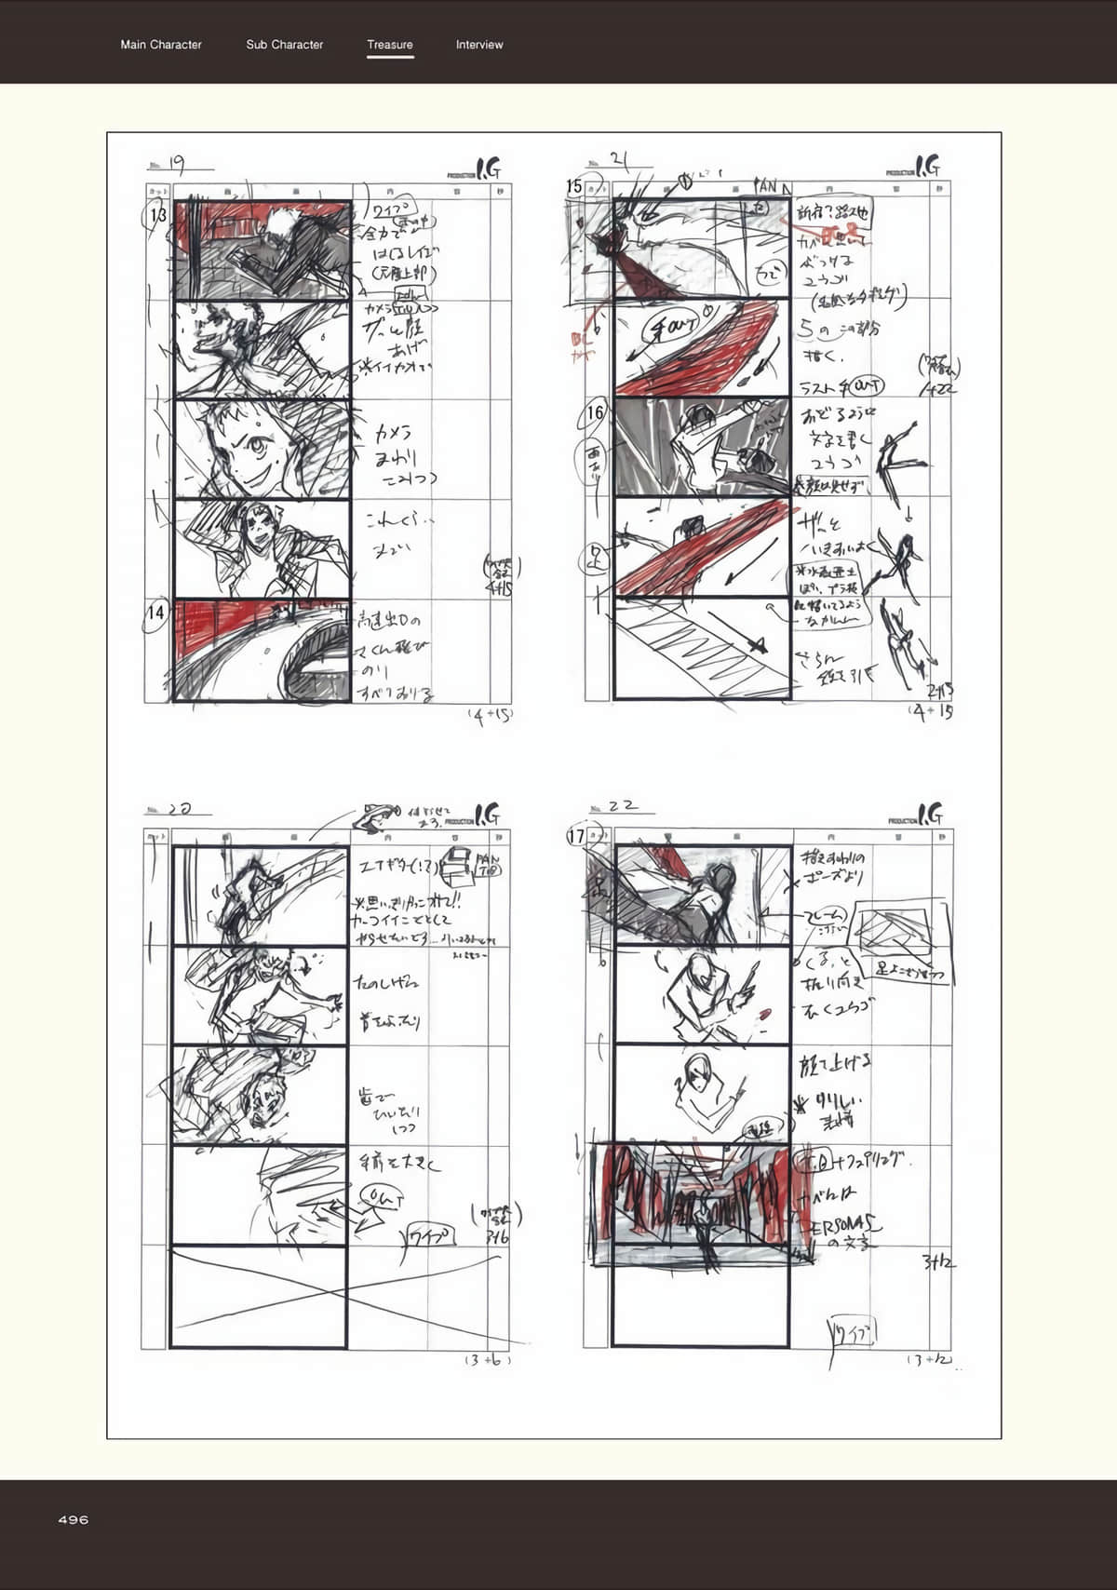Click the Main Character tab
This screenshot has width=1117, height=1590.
pyautogui.click(x=161, y=45)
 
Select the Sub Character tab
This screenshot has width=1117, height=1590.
pyautogui.click(x=285, y=45)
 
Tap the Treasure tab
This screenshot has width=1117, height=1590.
pyautogui.click(x=390, y=45)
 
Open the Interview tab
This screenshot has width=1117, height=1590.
pyautogui.click(x=479, y=45)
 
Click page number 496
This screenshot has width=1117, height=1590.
pyautogui.click(x=74, y=1519)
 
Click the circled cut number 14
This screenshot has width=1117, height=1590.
pyautogui.click(x=156, y=613)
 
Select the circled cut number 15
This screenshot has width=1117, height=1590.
pyautogui.click(x=575, y=186)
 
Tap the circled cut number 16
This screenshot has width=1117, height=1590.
pyautogui.click(x=596, y=412)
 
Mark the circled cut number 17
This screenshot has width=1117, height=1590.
pyautogui.click(x=576, y=836)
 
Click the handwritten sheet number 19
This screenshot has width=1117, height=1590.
pyautogui.click(x=176, y=165)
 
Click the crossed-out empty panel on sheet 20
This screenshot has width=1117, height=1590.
pyautogui.click(x=260, y=1297)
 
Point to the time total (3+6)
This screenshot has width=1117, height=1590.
pyautogui.click(x=488, y=1360)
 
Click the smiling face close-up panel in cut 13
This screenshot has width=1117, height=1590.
pyautogui.click(x=262, y=449)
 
